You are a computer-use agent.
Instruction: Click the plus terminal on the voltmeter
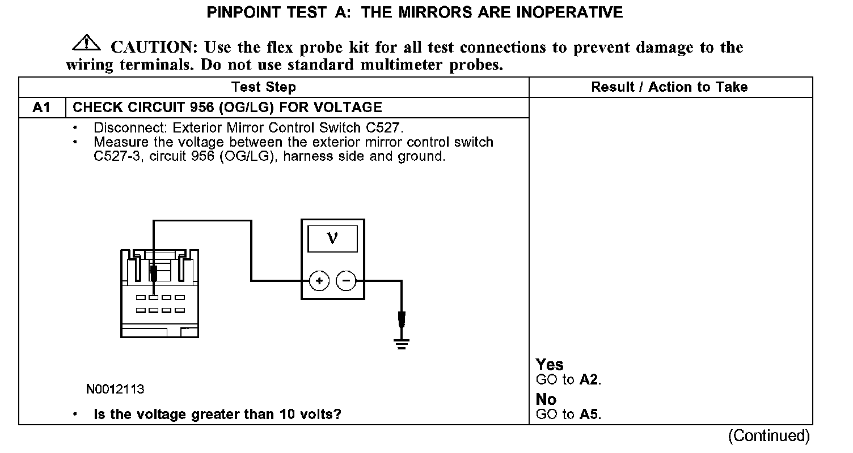pyautogui.click(x=319, y=280)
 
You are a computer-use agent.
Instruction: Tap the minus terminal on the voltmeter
pyautogui.click(x=346, y=280)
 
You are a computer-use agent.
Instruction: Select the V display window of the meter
pyautogui.click(x=332, y=238)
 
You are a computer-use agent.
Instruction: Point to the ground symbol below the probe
pyautogui.click(x=402, y=343)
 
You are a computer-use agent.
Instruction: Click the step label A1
pyautogui.click(x=42, y=107)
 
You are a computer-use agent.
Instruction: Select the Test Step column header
pyautogui.click(x=263, y=87)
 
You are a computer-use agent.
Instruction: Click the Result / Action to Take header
pyautogui.click(x=669, y=87)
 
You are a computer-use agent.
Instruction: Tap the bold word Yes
pyautogui.click(x=550, y=365)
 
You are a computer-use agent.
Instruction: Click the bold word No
pyautogui.click(x=546, y=400)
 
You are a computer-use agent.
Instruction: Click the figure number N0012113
pyautogui.click(x=115, y=390)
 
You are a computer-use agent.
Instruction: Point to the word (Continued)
pyautogui.click(x=769, y=435)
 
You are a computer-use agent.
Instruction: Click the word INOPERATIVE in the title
pyautogui.click(x=569, y=12)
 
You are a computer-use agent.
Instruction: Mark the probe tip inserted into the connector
pyautogui.click(x=153, y=275)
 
